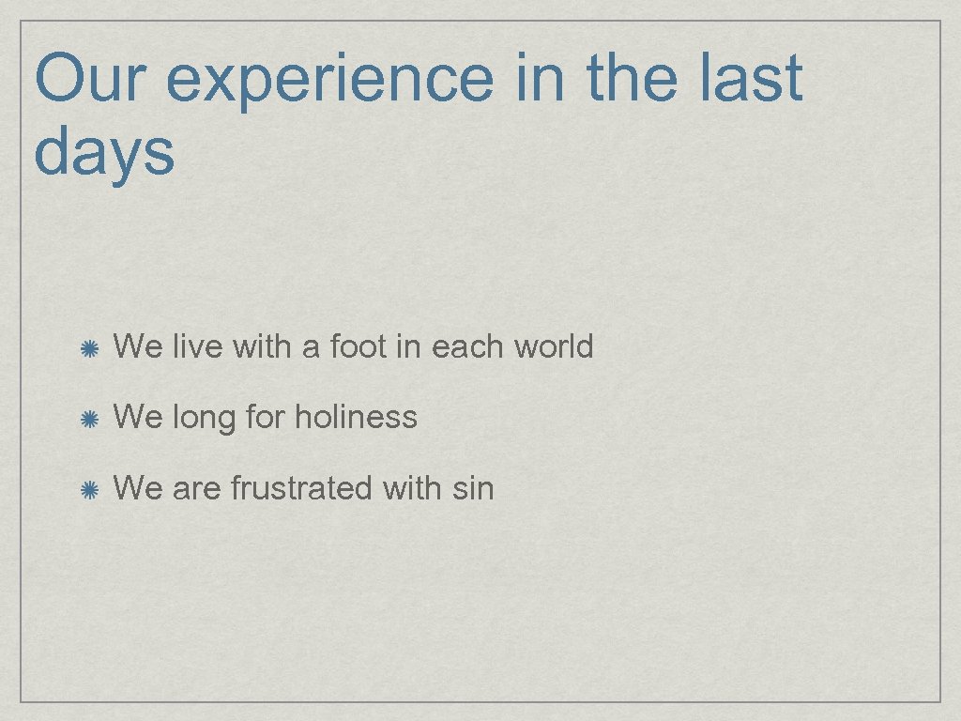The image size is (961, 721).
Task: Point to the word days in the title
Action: [104, 152]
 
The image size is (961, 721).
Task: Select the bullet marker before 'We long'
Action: [89, 419]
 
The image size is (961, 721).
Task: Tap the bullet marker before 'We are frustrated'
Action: [89, 490]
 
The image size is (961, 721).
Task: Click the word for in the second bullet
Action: [265, 417]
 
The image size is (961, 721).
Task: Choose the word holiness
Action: [356, 417]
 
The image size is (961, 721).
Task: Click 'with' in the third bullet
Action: [412, 488]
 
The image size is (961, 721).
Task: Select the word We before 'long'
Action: [137, 417]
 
